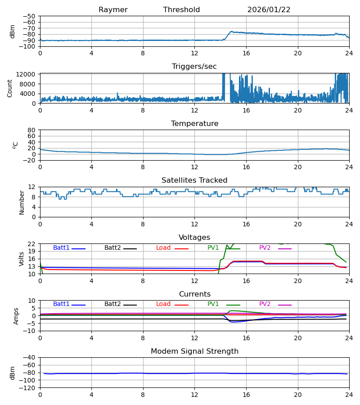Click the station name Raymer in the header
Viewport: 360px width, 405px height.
(113, 10)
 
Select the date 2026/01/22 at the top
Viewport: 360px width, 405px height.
(269, 10)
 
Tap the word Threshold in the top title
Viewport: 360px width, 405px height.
(181, 10)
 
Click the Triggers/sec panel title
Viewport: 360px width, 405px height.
(194, 67)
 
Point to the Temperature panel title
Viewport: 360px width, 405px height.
(194, 124)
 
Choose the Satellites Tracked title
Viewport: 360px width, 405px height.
(194, 180)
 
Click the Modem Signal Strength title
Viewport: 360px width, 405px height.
(194, 351)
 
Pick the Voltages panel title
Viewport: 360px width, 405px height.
(194, 238)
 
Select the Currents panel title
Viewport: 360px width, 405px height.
(194, 294)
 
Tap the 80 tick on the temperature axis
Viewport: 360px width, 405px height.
(32, 130)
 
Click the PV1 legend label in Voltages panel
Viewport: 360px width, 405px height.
(213, 248)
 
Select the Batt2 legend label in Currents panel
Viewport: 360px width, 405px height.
(112, 304)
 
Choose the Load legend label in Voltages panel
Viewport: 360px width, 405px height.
(163, 248)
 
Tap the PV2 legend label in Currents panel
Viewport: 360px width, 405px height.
(265, 304)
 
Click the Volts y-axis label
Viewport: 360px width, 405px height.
(22, 259)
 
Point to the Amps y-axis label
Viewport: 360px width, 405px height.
(17, 316)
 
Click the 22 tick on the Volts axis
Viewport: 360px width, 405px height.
(32, 244)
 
